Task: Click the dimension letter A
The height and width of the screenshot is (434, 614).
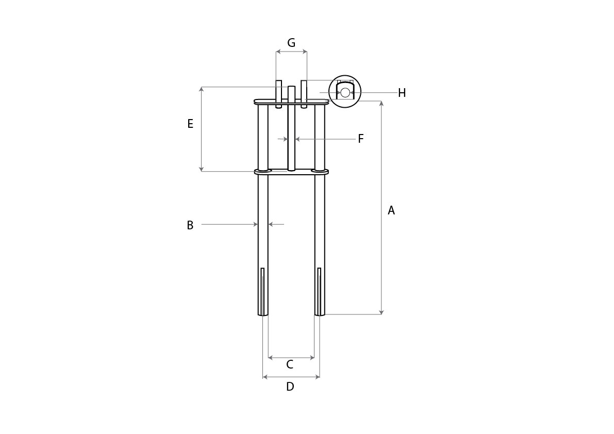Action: point(391,210)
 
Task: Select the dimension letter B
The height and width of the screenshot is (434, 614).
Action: point(190,225)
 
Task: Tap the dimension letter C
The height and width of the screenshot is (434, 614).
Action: point(290,365)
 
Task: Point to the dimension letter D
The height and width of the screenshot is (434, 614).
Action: point(290,387)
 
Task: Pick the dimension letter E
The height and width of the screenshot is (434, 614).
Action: point(190,124)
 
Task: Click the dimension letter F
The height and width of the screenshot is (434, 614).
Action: point(361,139)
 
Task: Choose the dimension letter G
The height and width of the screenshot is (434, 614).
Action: point(291,43)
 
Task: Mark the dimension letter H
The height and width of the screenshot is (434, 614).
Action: point(402,93)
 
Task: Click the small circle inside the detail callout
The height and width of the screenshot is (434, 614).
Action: point(345,93)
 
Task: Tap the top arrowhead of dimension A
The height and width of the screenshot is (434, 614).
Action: point(381,103)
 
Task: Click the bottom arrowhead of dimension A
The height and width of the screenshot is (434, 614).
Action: point(381,312)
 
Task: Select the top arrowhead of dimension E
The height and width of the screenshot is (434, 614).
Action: point(201,89)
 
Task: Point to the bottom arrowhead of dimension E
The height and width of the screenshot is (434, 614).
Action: point(201,169)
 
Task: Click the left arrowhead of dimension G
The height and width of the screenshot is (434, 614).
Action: point(278,51)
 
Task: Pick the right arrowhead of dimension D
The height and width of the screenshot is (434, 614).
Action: point(317,377)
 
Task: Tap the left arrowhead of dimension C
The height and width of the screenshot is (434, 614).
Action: point(271,357)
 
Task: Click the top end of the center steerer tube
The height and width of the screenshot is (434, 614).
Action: point(291,87)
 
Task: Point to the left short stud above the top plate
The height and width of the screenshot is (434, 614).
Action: point(278,94)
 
